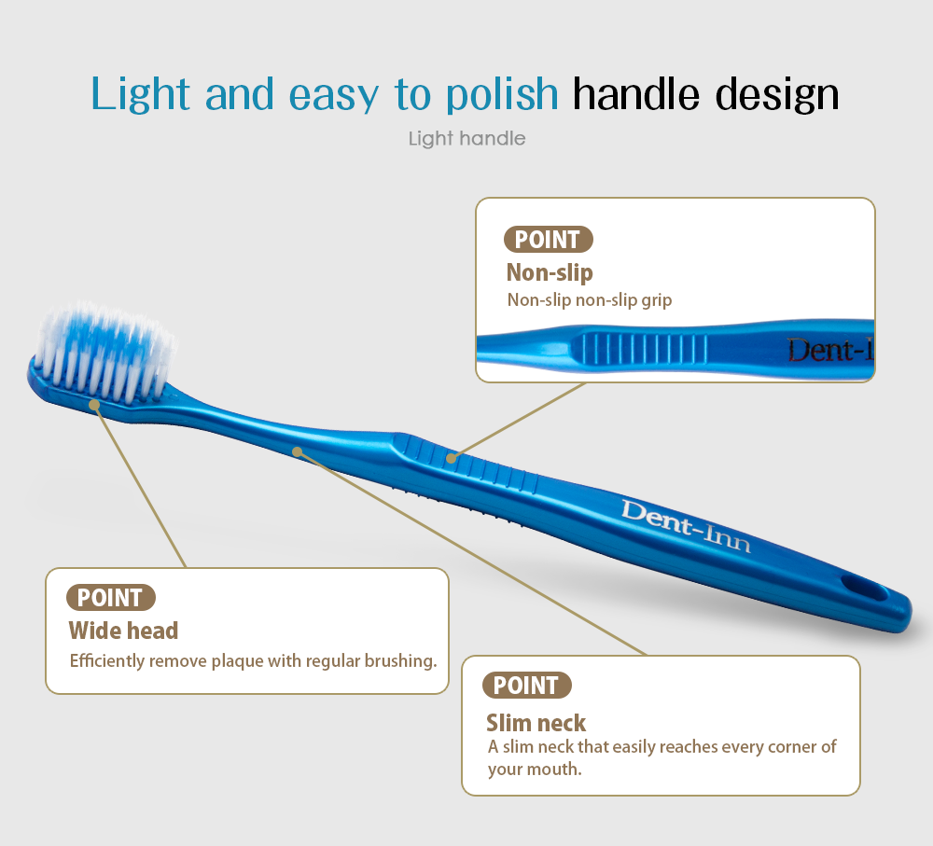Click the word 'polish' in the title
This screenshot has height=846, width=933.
click(x=502, y=95)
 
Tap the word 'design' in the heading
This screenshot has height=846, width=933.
click(x=776, y=95)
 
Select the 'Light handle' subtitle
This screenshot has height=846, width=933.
click(x=467, y=139)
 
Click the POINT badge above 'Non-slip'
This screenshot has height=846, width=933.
click(x=548, y=240)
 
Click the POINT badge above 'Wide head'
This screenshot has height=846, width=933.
click(x=111, y=597)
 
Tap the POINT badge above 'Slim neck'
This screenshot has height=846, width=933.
click(x=526, y=685)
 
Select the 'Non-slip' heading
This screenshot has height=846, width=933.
click(x=550, y=272)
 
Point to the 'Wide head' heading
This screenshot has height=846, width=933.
click(x=123, y=630)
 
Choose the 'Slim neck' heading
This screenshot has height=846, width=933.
click(x=536, y=723)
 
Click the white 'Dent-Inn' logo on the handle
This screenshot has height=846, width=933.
click(x=686, y=526)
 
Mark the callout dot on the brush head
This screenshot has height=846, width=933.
click(x=94, y=405)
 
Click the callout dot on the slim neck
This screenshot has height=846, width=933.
click(x=297, y=452)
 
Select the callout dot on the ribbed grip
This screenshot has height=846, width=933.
click(x=452, y=458)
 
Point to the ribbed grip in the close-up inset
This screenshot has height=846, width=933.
click(x=643, y=349)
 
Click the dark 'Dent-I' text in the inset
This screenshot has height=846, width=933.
click(x=830, y=350)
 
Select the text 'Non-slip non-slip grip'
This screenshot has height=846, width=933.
click(x=590, y=299)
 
